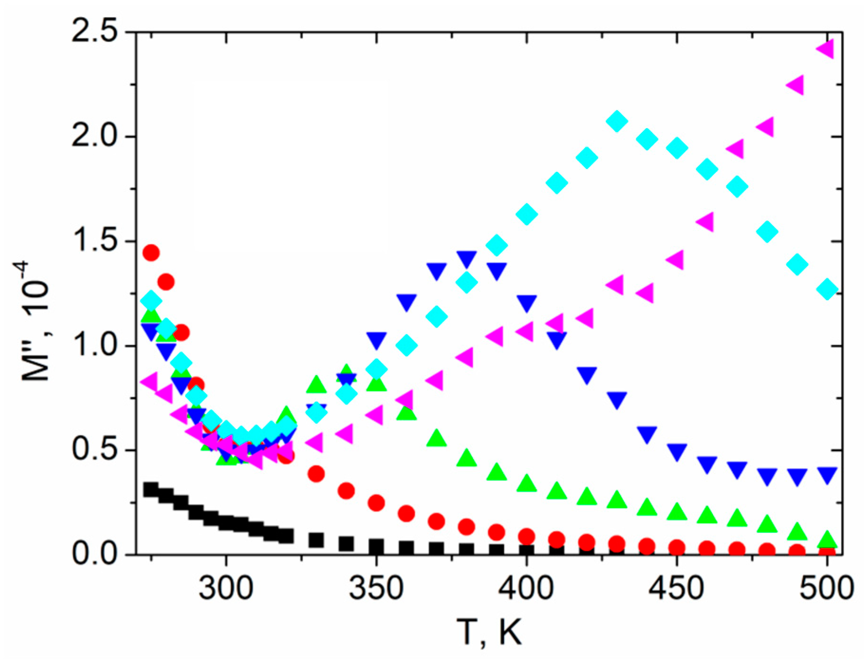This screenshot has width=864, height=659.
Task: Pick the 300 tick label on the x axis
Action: [x=226, y=588]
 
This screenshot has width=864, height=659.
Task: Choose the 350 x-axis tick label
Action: [x=376, y=588]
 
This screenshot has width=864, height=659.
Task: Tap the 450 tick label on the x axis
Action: [x=677, y=588]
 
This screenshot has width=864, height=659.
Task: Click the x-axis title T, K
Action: [x=489, y=632]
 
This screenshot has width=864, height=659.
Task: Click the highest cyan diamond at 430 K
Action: [x=617, y=122]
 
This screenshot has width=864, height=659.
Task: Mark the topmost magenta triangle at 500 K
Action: [x=826, y=49]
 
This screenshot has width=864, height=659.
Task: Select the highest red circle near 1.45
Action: [x=151, y=253]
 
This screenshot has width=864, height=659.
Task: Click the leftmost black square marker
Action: [x=151, y=490]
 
